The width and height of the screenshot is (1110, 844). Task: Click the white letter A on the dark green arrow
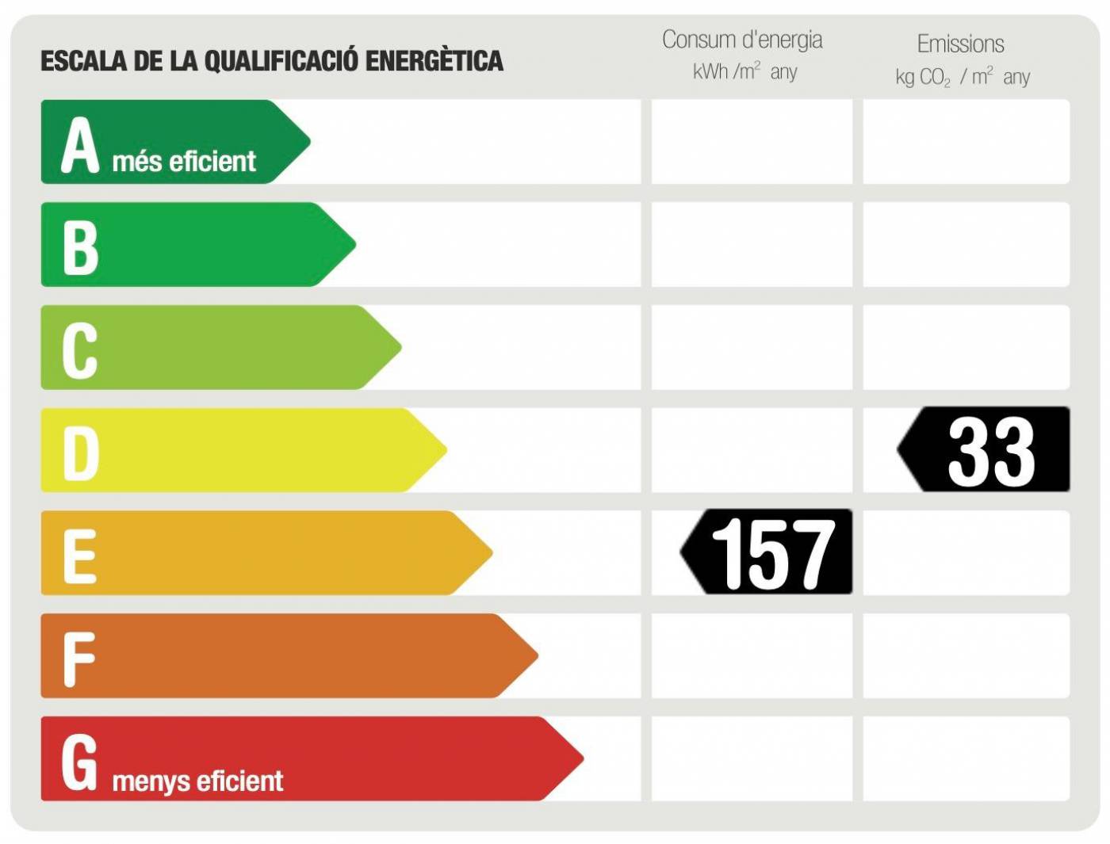click(x=80, y=145)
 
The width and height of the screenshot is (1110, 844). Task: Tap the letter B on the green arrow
click(x=80, y=247)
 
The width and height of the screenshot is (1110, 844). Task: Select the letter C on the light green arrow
click(x=80, y=350)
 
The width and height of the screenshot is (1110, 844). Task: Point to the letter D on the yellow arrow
click(x=80, y=453)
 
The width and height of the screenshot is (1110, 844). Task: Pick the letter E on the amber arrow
click(x=80, y=556)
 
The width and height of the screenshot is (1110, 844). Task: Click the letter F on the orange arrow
click(x=79, y=659)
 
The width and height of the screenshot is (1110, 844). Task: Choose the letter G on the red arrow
click(x=80, y=762)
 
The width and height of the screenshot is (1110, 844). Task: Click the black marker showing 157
click(x=767, y=552)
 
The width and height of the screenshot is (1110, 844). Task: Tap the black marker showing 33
click(x=985, y=450)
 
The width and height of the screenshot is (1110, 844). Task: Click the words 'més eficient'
click(x=184, y=162)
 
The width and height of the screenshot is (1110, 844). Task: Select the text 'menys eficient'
click(x=197, y=781)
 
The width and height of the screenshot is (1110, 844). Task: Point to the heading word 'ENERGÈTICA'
click(x=434, y=60)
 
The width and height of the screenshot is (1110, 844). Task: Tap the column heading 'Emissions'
click(x=960, y=44)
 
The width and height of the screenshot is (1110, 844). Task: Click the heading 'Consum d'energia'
click(x=742, y=40)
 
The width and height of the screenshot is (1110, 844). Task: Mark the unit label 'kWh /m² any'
click(x=744, y=72)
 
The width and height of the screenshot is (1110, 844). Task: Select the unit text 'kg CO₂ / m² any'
click(x=963, y=77)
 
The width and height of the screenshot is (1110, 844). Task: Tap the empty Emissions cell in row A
click(x=966, y=142)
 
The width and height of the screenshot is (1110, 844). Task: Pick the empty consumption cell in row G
click(x=752, y=758)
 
